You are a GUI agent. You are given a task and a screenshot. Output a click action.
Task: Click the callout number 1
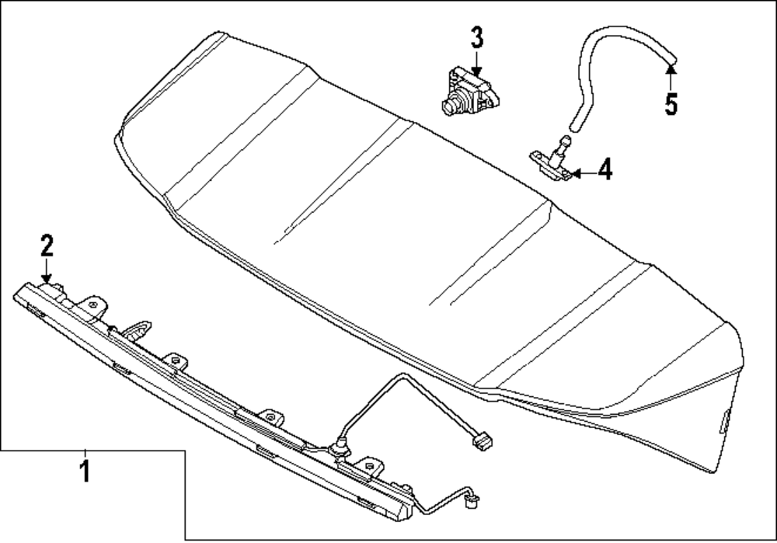(x=85, y=470)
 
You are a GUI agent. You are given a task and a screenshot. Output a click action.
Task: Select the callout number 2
(x=47, y=246)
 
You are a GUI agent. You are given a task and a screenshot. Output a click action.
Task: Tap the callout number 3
(x=476, y=37)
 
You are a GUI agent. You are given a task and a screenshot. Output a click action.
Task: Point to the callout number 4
(x=605, y=169)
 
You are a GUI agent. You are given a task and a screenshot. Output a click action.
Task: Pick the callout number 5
(x=671, y=103)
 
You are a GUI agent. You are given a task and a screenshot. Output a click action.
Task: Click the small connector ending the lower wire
(x=472, y=503)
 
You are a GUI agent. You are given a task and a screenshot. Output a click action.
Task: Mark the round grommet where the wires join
(x=339, y=449)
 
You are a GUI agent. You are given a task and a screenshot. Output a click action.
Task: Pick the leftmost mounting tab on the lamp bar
(x=94, y=305)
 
